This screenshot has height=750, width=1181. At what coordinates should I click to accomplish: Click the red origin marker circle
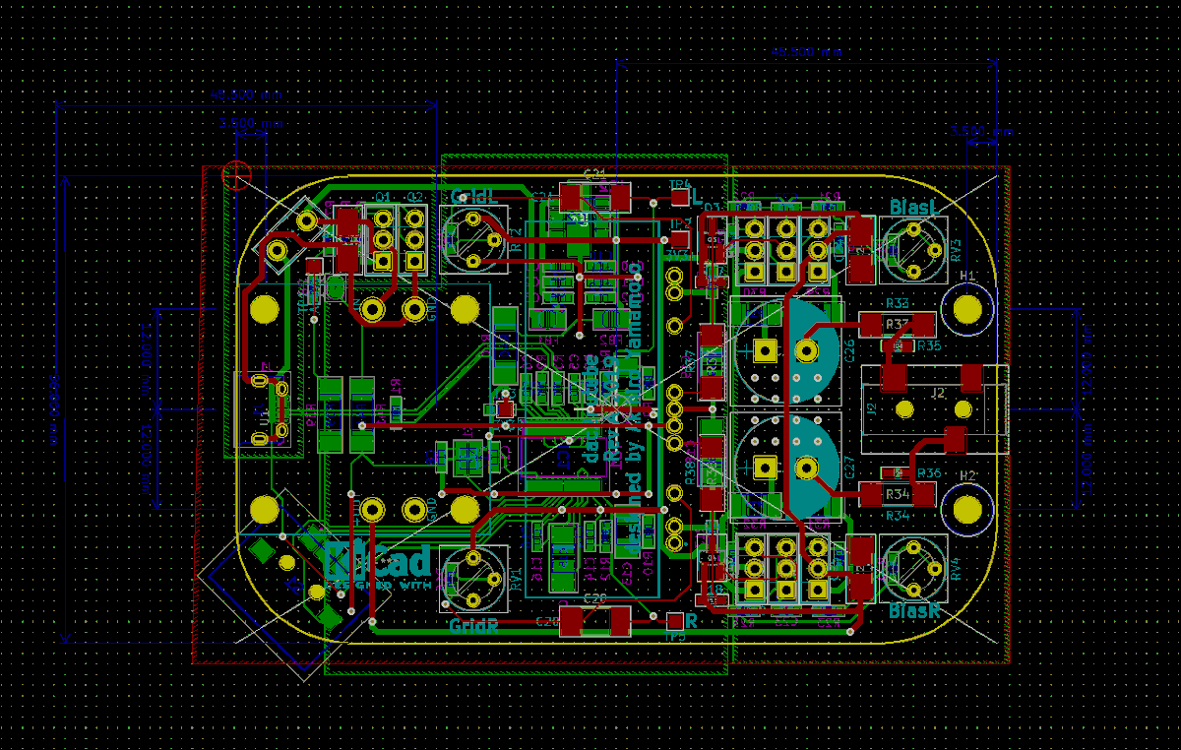pos(236,175)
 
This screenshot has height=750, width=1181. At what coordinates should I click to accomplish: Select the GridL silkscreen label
pos(472,197)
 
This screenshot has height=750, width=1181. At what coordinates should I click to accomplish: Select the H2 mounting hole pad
pos(967,509)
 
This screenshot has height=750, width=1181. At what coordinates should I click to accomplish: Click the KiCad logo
pos(378,563)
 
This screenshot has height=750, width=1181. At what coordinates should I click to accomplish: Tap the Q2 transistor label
pos(414,197)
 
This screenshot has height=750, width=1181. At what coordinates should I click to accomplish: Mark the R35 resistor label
pos(928,345)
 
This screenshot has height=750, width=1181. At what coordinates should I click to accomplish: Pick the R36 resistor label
pos(928,473)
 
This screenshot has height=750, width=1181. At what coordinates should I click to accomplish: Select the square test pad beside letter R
pos(674,621)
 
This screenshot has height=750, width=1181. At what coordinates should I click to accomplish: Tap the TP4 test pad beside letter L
pos(680,197)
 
